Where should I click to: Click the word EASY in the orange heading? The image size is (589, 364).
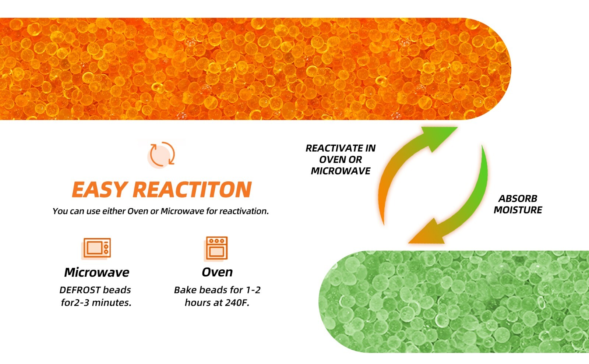99,189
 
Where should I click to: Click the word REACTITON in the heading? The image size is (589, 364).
192,189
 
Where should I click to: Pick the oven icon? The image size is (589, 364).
216,248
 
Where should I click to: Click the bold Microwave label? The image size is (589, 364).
96,272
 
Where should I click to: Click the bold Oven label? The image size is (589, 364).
217,272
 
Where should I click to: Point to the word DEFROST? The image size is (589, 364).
80,290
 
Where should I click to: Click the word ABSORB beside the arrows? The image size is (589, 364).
518,198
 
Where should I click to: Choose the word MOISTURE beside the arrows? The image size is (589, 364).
518,210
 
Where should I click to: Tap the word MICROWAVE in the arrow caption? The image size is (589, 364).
341,171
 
